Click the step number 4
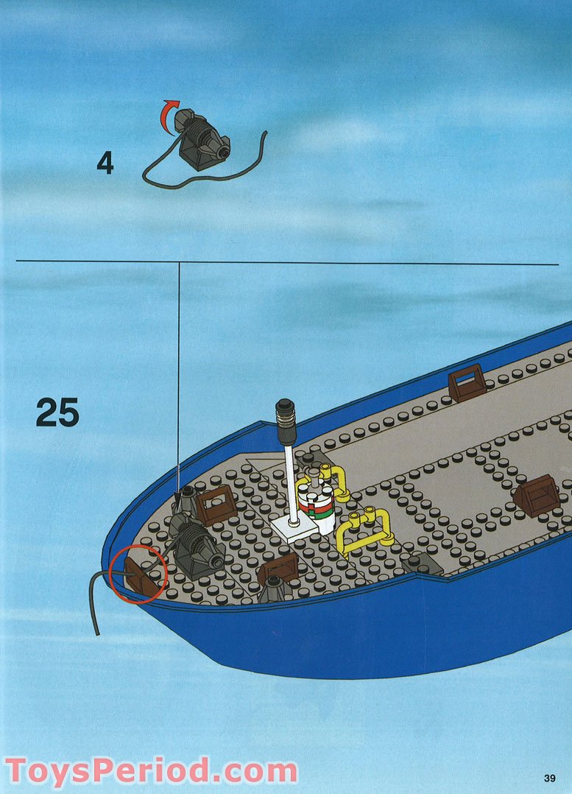click(x=105, y=163)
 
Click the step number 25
click(x=57, y=412)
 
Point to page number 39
click(x=550, y=778)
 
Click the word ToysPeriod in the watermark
click(x=107, y=772)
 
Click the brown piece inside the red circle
click(x=142, y=577)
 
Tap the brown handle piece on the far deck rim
click(x=466, y=382)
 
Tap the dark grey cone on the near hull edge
click(x=273, y=589)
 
